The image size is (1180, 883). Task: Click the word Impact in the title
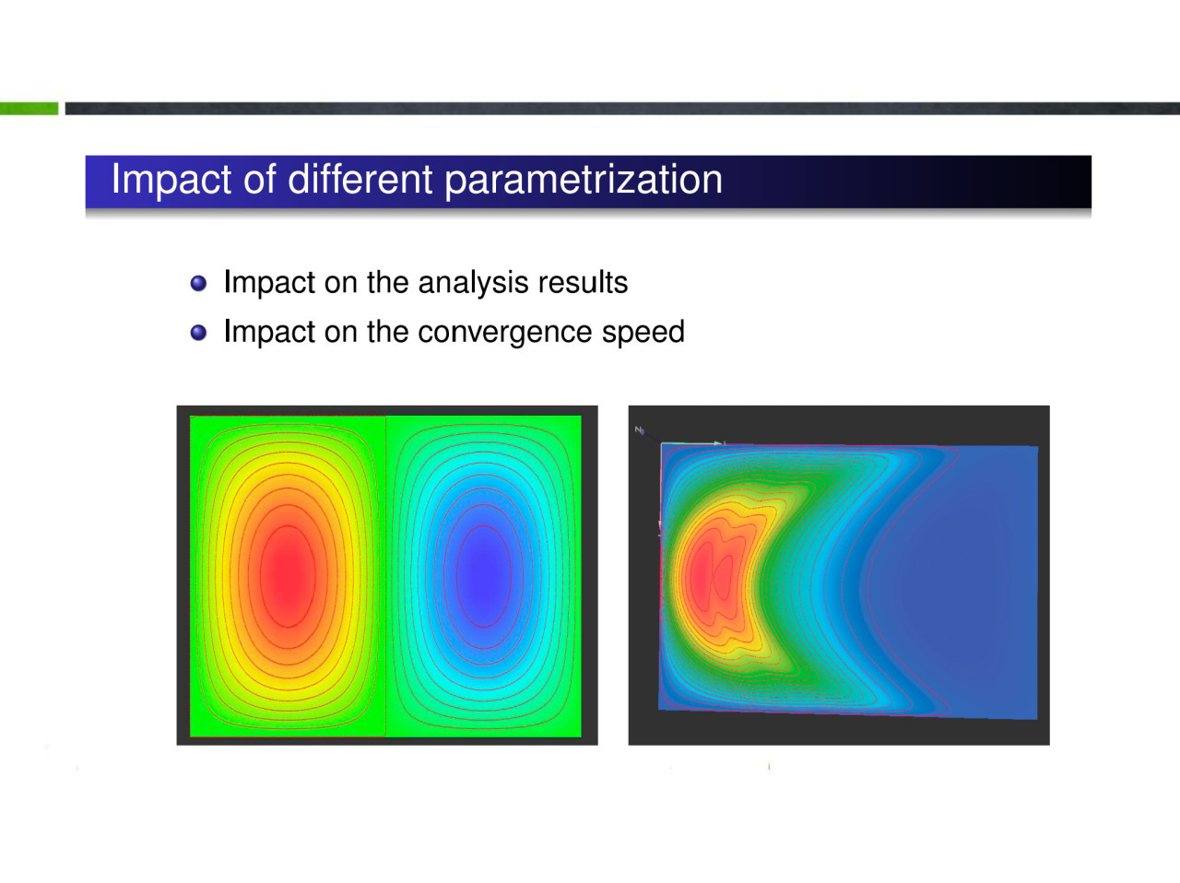pyautogui.click(x=171, y=180)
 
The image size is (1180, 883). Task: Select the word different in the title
pyautogui.click(x=360, y=179)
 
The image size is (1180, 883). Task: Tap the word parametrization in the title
pyautogui.click(x=584, y=180)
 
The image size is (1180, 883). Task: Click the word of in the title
pyautogui.click(x=259, y=179)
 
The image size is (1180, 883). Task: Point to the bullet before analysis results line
pyautogui.click(x=198, y=283)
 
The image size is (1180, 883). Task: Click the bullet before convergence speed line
pyautogui.click(x=198, y=333)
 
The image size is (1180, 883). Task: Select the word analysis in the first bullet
pyautogui.click(x=473, y=284)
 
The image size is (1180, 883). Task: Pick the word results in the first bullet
pyautogui.click(x=583, y=282)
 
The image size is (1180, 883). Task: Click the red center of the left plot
pyautogui.click(x=288, y=576)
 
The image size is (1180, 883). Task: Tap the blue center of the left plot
pyautogui.click(x=483, y=576)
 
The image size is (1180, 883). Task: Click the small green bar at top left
pyautogui.click(x=29, y=109)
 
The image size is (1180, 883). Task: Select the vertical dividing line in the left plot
pyautogui.click(x=385, y=576)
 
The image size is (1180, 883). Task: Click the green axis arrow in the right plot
pyautogui.click(x=692, y=443)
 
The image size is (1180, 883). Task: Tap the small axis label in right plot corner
pyautogui.click(x=639, y=430)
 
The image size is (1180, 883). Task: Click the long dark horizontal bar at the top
pyautogui.click(x=622, y=109)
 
